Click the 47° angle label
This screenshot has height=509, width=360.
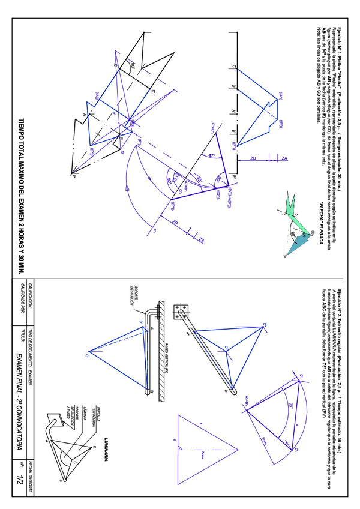[211, 155]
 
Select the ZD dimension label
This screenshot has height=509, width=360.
[253, 158]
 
